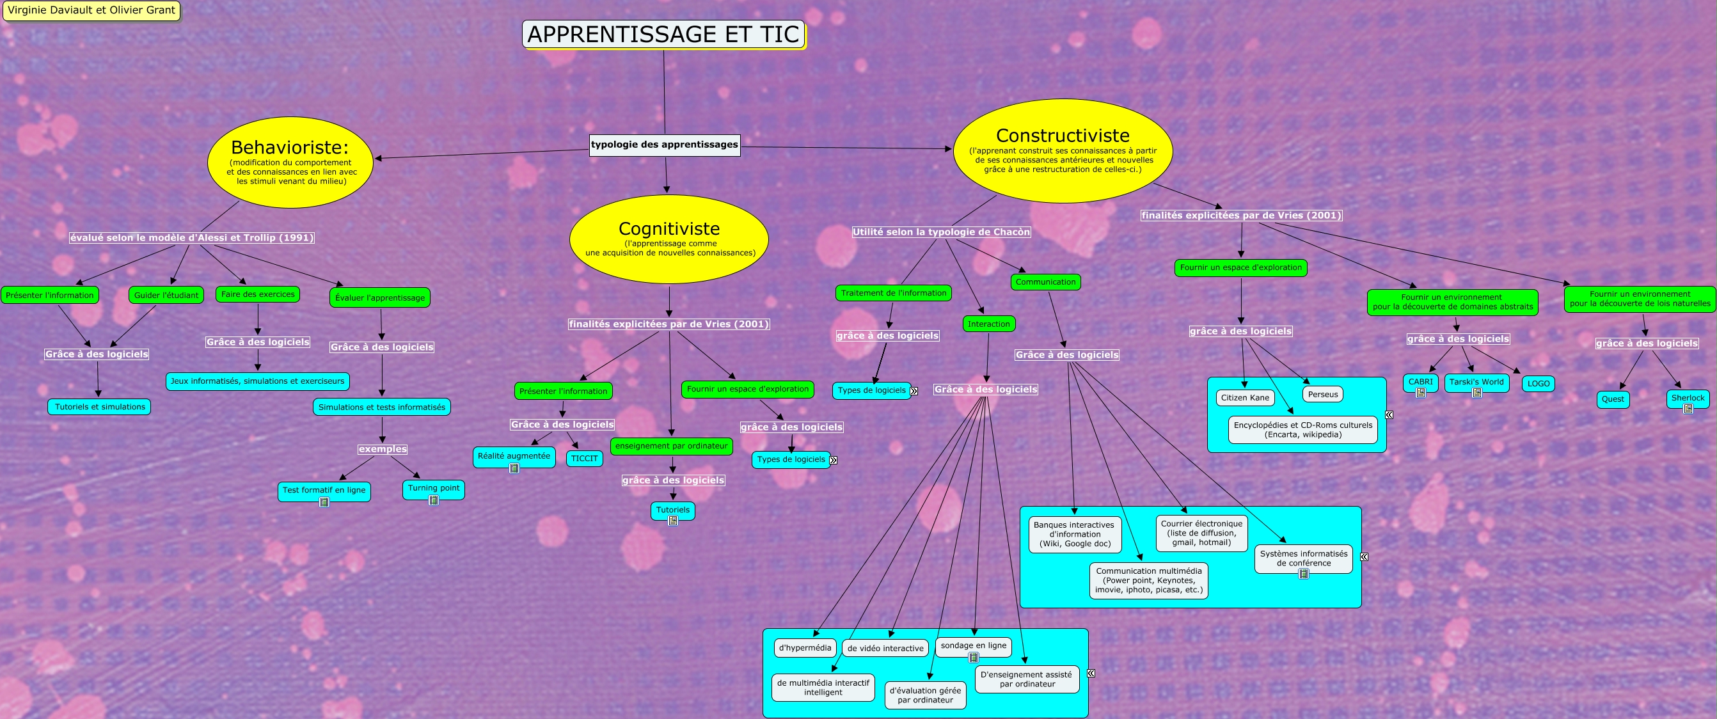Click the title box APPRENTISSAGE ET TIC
[x=663, y=34]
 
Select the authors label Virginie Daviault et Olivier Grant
[x=91, y=10]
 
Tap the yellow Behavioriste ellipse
[x=290, y=162]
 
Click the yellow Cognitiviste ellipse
[x=669, y=239]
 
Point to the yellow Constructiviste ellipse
[x=1063, y=150]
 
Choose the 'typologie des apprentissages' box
[x=665, y=145]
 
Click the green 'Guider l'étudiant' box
[x=166, y=295]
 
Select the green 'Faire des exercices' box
[x=258, y=294]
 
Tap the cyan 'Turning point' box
[x=433, y=489]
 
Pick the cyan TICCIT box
[x=584, y=459]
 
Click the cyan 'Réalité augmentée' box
[x=514, y=457]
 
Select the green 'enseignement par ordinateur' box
[x=671, y=446]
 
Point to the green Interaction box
[x=988, y=324]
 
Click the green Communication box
[x=1045, y=282]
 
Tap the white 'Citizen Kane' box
[x=1244, y=398]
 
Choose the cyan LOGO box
[x=1539, y=384]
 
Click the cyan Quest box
[x=1612, y=399]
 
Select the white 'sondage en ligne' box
[x=973, y=645]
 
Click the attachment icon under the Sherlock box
[x=1688, y=409]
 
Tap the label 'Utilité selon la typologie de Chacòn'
[x=941, y=232]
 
